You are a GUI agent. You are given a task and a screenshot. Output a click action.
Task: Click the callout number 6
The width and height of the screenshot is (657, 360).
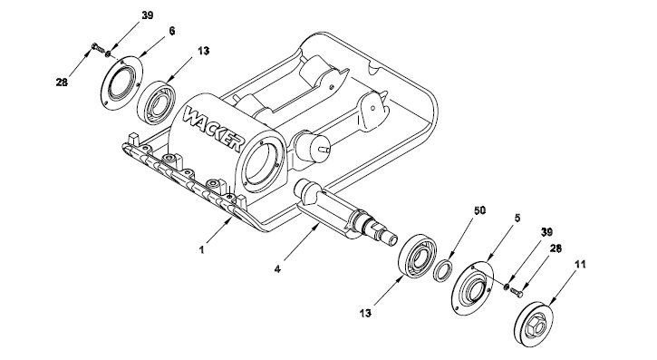point(172,31)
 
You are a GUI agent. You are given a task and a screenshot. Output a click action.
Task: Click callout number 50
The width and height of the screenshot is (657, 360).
point(479,210)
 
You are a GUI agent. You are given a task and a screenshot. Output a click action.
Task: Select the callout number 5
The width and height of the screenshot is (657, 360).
point(517,218)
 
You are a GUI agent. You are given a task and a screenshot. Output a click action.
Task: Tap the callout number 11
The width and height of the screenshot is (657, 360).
point(580,265)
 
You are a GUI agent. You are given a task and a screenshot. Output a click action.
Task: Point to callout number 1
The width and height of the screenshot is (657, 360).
point(202,249)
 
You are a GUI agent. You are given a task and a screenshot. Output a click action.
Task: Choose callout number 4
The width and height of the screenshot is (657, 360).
point(277,268)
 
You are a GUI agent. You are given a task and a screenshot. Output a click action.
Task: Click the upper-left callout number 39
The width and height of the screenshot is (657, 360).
point(147,15)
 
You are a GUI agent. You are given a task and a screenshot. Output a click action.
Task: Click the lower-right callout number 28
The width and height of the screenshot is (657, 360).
point(556,248)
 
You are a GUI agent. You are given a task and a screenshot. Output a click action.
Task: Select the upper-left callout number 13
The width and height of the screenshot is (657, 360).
point(203,51)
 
